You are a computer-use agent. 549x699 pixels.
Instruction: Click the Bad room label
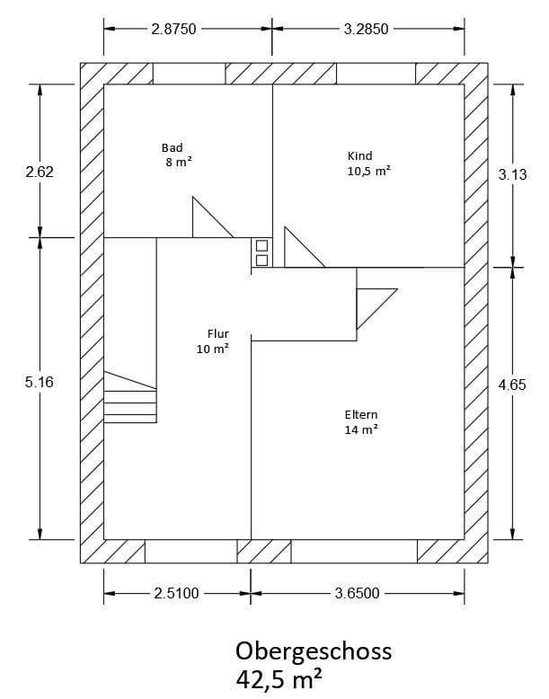pyautogui.click(x=172, y=147)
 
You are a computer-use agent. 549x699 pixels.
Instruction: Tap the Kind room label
pyautogui.click(x=359, y=155)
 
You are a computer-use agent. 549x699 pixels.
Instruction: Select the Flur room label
pyautogui.click(x=217, y=333)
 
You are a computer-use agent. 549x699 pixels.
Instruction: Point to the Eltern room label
pyautogui.click(x=360, y=415)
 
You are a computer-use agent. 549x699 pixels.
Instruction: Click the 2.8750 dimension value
pyautogui.click(x=173, y=28)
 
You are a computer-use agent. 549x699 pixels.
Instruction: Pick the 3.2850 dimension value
pyautogui.click(x=366, y=28)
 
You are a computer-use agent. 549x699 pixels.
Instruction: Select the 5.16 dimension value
pyautogui.click(x=40, y=382)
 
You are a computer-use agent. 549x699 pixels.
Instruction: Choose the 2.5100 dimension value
pyautogui.click(x=176, y=593)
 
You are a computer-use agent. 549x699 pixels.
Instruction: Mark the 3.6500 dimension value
pyautogui.click(x=357, y=593)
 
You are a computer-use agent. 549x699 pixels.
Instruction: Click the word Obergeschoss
pyautogui.click(x=314, y=650)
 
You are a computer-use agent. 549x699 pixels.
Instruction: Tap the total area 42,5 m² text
pyautogui.click(x=279, y=678)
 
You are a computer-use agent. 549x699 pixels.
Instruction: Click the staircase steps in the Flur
pyautogui.click(x=130, y=399)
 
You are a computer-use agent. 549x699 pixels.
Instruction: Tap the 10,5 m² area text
pyautogui.click(x=368, y=170)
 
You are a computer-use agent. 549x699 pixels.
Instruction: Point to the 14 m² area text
pyautogui.click(x=360, y=429)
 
